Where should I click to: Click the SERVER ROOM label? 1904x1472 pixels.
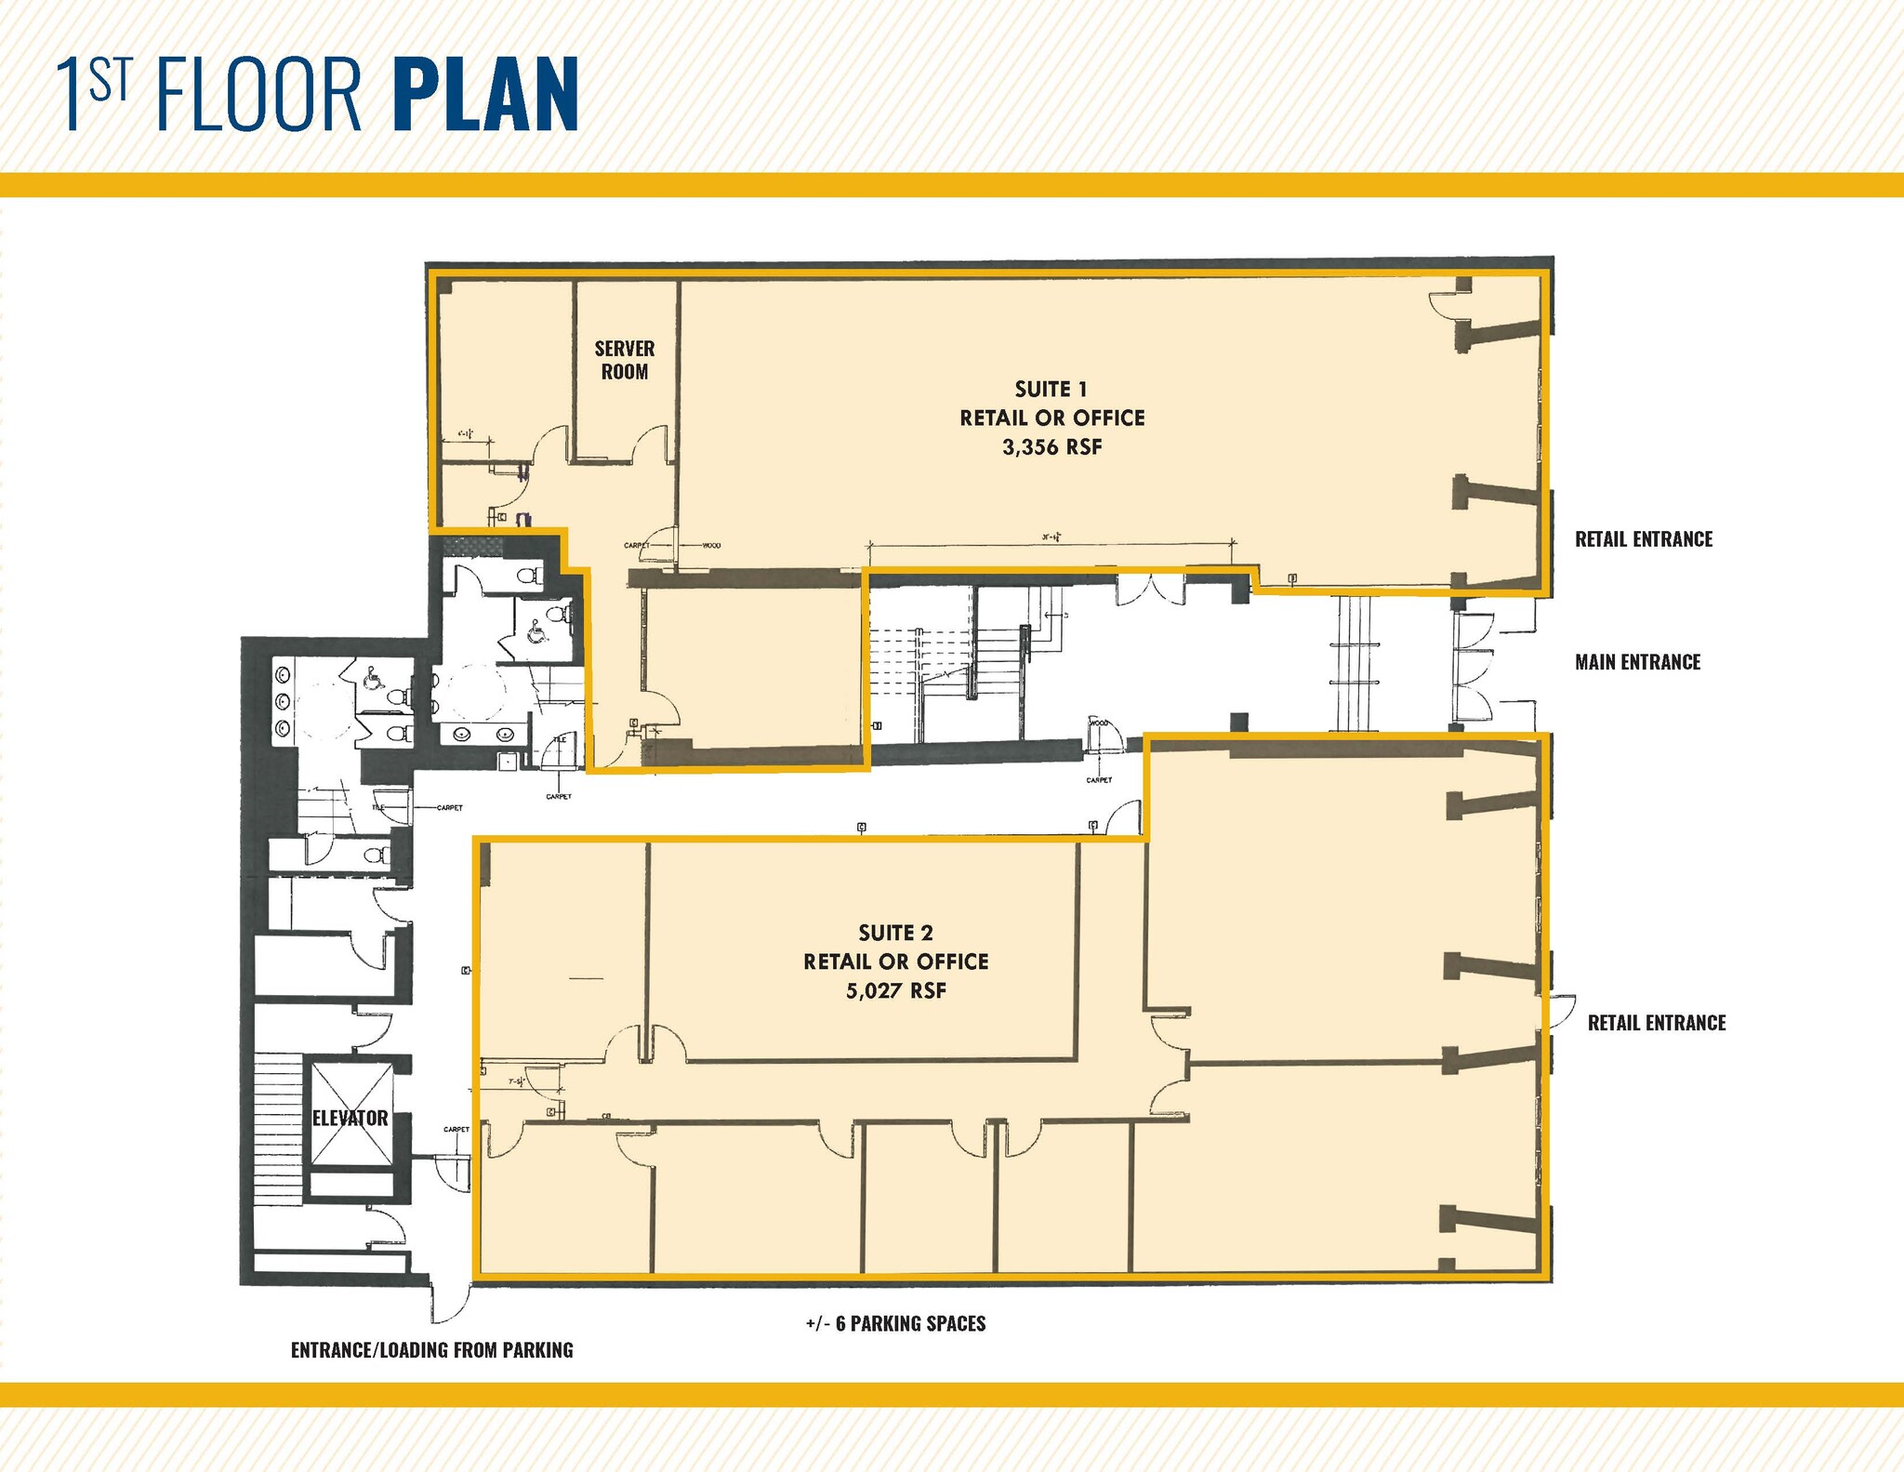[x=625, y=360]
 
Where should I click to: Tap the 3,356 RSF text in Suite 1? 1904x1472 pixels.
[x=1051, y=447]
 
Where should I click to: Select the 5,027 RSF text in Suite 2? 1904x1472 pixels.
[x=895, y=991]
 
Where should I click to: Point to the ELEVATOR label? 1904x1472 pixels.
[x=350, y=1118]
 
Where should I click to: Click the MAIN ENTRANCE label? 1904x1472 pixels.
[x=1637, y=662]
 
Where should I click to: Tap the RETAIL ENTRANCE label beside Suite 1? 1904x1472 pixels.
[x=1643, y=539]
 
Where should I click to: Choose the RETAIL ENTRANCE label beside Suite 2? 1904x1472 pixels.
[x=1656, y=1023]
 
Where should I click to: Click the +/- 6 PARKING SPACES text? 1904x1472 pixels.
[x=895, y=1323]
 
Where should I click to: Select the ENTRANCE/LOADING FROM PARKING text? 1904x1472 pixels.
[x=431, y=1350]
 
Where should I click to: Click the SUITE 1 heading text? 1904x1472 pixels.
[x=1051, y=389]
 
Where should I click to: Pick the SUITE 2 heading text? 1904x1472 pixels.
[x=895, y=933]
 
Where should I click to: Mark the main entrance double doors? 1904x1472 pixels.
[x=1474, y=662]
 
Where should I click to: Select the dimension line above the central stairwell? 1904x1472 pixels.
[x=1051, y=542]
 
